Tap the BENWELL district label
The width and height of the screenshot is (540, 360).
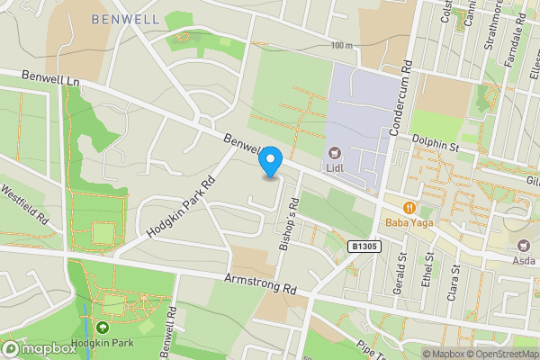point(125,18)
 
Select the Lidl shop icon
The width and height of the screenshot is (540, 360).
point(335,153)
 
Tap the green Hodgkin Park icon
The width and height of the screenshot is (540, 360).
point(103,329)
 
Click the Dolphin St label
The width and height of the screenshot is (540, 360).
point(436,140)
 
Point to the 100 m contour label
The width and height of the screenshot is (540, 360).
point(340,46)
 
